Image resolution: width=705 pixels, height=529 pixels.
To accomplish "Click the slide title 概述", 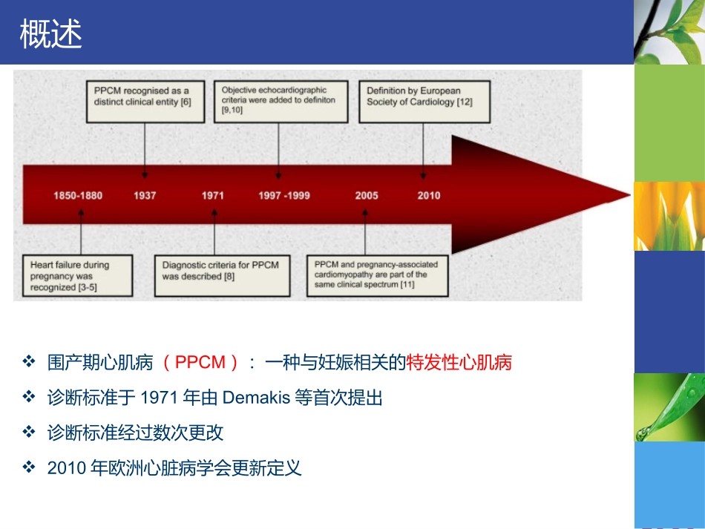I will [x=51, y=35].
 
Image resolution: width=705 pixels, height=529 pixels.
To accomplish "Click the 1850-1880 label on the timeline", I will [x=78, y=196].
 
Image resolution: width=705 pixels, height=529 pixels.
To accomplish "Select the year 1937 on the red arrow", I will [x=145, y=196].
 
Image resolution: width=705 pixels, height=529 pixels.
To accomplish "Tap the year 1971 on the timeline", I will [x=213, y=196].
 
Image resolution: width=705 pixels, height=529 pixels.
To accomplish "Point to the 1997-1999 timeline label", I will [x=284, y=196].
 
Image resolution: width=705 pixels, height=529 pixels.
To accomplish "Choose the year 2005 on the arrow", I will [x=366, y=196].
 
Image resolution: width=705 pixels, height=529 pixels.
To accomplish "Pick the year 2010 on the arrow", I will [x=428, y=196].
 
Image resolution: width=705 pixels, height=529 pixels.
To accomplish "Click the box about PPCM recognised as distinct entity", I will [x=142, y=102].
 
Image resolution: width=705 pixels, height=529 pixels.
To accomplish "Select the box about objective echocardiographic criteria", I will [x=280, y=99].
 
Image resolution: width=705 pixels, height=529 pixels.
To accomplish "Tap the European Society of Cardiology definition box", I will [x=425, y=102].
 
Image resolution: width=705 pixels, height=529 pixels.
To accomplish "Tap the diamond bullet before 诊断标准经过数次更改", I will [x=29, y=433].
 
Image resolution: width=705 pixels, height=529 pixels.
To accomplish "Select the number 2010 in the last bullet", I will [x=62, y=468].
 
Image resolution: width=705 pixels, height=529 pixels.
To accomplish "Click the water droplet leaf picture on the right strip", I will [x=669, y=407].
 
